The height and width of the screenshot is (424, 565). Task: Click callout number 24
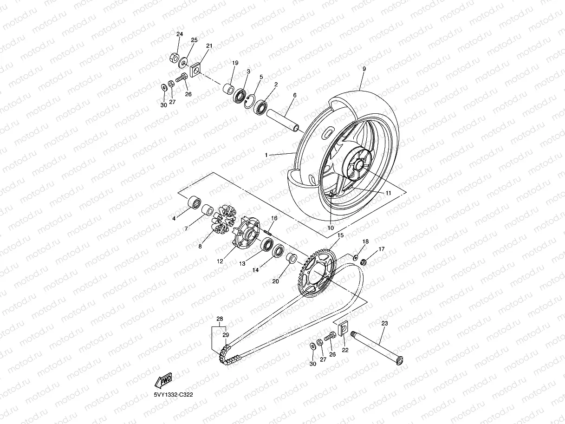180,34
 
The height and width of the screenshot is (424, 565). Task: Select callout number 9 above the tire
364,69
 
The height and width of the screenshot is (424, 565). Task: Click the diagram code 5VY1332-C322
174,395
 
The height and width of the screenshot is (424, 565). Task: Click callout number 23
384,323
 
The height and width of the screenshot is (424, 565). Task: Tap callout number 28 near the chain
220,319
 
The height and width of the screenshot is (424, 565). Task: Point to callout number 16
274,218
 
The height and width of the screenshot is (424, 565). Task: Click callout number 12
220,261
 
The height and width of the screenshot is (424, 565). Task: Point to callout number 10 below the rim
331,228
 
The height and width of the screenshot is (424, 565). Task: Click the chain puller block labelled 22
343,328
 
